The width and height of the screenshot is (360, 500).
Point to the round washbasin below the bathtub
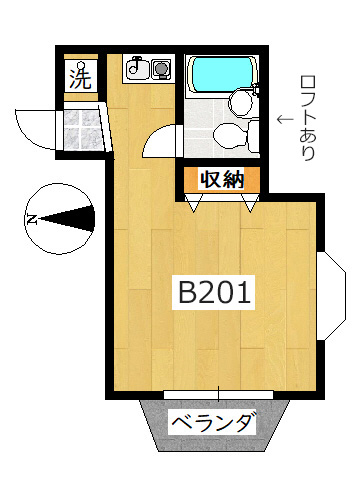pyautogui.click(x=239, y=102)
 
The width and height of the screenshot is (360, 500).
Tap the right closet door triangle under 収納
pyautogui.click(x=250, y=201)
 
